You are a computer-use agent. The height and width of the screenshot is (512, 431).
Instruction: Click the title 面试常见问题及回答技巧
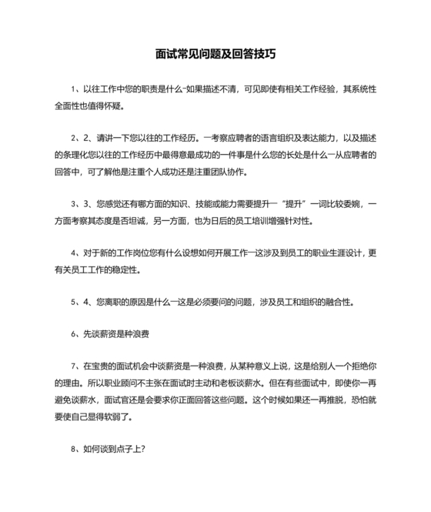(x=215, y=55)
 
